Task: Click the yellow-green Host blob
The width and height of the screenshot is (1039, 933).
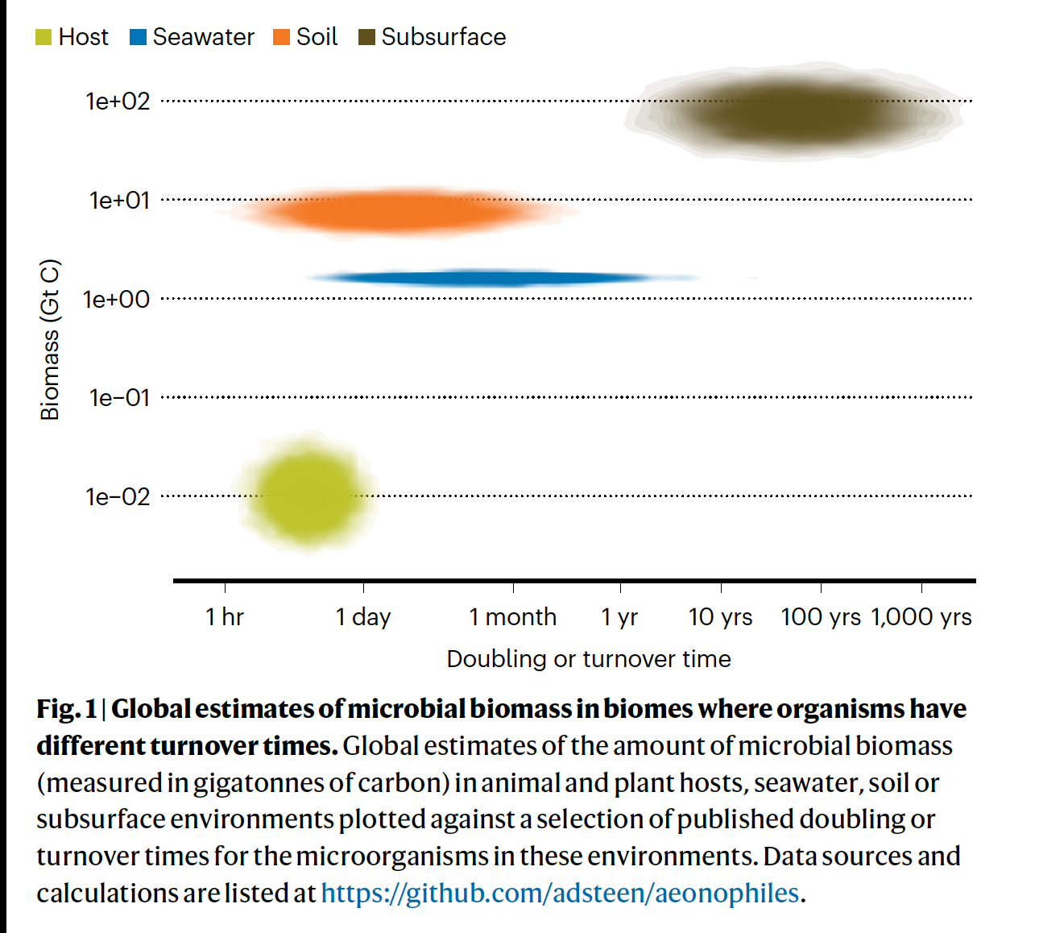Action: [307, 492]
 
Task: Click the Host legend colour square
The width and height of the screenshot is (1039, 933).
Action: [43, 37]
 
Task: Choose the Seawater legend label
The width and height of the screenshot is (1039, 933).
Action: [203, 37]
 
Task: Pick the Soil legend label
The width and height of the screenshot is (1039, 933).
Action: [317, 37]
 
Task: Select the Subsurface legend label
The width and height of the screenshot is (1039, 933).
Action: [443, 37]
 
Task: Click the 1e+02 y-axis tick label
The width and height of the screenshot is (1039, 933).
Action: [118, 102]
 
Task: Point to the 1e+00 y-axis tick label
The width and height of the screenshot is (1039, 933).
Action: [116, 300]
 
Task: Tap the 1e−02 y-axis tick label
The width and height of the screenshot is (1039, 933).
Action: [118, 497]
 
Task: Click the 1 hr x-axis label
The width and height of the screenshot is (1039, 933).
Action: [224, 617]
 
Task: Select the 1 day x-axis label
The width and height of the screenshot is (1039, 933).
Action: [362, 617]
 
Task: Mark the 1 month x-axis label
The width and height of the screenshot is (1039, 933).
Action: [512, 617]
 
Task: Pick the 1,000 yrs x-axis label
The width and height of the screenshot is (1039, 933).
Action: [921, 617]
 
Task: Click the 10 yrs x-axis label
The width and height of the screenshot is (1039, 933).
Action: [720, 617]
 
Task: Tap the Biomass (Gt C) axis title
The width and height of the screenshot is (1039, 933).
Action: [50, 339]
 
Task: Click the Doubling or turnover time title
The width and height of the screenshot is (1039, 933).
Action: [589, 659]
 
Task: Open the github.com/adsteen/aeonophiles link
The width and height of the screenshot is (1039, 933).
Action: [560, 893]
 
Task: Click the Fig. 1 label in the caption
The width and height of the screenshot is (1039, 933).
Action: [66, 709]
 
